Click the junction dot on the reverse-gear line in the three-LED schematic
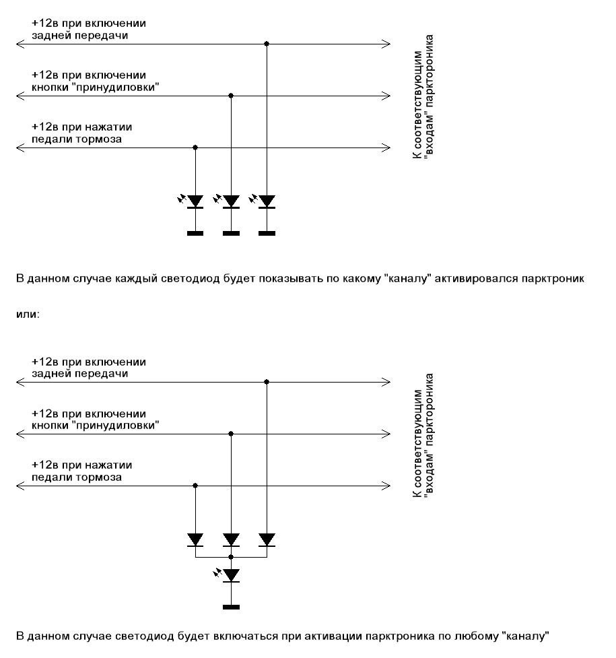[267, 44]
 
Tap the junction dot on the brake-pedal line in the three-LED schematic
[195, 147]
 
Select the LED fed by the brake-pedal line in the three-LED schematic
[195, 201]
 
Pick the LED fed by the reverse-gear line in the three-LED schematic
[267, 201]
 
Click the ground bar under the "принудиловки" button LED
[231, 234]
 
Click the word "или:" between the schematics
[28, 315]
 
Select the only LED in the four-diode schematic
[231, 575]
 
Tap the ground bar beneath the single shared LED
[231, 607]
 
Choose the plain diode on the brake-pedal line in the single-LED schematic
[195, 539]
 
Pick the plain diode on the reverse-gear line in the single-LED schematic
[267, 539]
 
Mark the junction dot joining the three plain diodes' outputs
[231, 558]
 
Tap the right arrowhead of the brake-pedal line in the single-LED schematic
[386, 485]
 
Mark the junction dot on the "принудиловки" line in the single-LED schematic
[231, 433]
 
